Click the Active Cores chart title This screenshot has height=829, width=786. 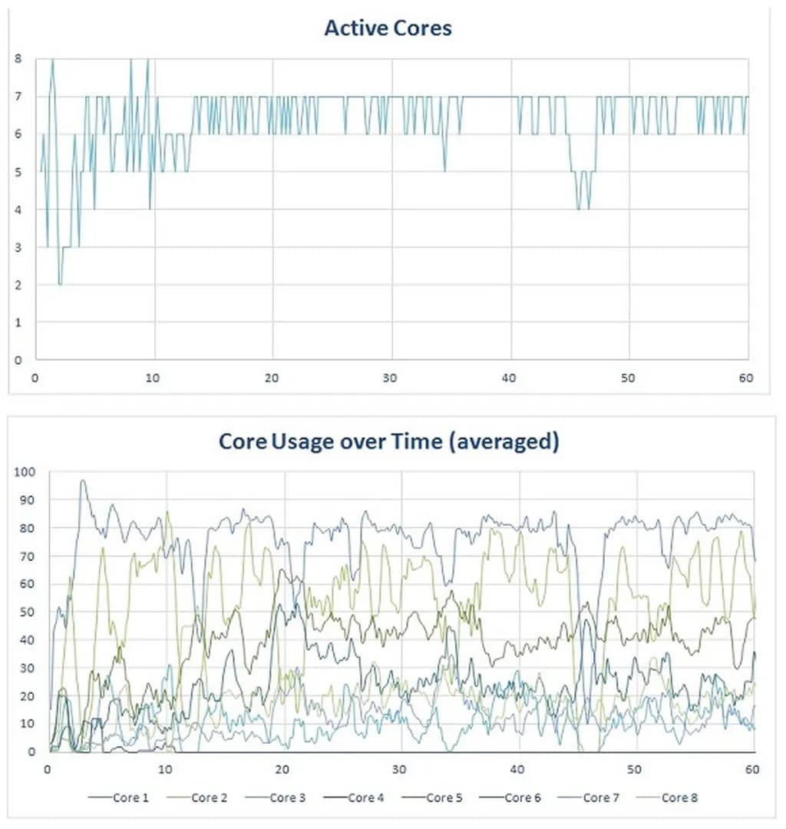[388, 28]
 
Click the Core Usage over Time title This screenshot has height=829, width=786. [388, 442]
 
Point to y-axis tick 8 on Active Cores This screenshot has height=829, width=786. [18, 58]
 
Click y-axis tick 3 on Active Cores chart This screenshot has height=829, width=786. [18, 247]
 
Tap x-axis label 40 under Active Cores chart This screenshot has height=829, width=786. [510, 378]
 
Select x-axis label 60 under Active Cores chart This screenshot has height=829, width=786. [747, 378]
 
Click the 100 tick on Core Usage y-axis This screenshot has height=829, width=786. [26, 471]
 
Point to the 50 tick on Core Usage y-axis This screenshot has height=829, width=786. [28, 612]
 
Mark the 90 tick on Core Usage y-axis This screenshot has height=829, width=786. [28, 500]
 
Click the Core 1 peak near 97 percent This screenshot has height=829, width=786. [82, 481]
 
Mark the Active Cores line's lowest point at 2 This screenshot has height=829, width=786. [60, 284]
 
